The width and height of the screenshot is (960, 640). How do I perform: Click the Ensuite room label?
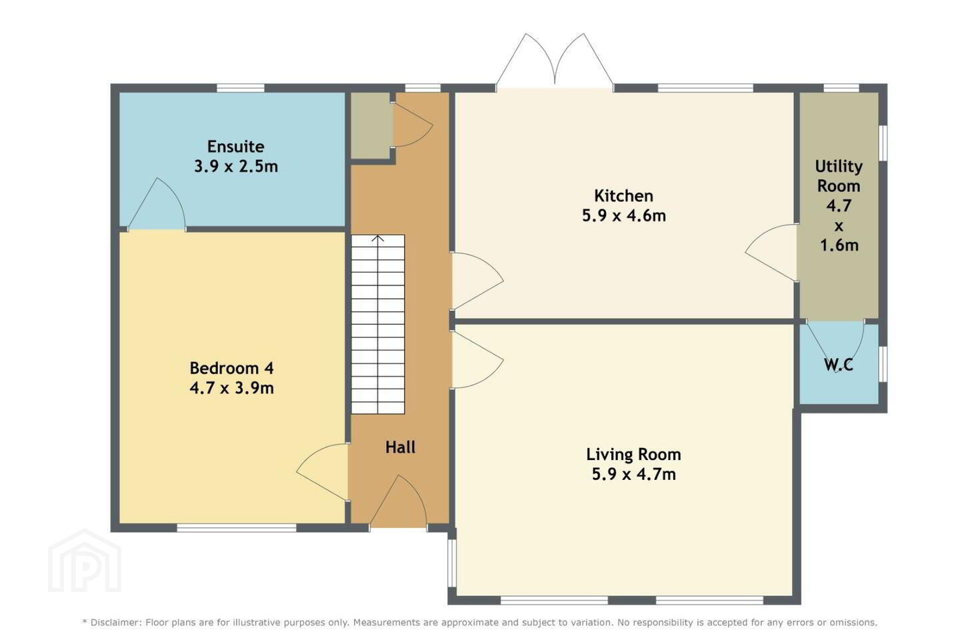click(236, 147)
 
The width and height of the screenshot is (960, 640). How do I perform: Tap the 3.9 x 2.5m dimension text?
click(236, 166)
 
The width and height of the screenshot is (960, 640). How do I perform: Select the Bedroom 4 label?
click(231, 368)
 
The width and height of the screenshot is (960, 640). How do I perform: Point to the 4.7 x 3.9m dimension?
click(231, 388)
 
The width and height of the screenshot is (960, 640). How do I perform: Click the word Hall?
click(400, 447)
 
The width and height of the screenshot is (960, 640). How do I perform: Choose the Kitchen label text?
click(623, 196)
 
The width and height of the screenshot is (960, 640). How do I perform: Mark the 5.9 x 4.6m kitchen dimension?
click(623, 215)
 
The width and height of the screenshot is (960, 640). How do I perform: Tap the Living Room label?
click(633, 455)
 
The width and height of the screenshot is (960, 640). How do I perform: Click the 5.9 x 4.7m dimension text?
click(633, 474)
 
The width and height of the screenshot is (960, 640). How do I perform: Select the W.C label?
click(838, 365)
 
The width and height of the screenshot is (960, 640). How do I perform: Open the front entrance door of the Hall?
click(398, 501)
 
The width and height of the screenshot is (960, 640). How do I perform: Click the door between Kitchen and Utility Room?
click(771, 253)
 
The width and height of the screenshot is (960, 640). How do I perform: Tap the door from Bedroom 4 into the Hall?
click(322, 471)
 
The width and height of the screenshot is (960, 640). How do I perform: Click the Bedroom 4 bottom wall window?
click(237, 528)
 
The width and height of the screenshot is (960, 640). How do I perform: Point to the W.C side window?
click(883, 364)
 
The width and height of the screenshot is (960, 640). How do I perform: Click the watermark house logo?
click(85, 561)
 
